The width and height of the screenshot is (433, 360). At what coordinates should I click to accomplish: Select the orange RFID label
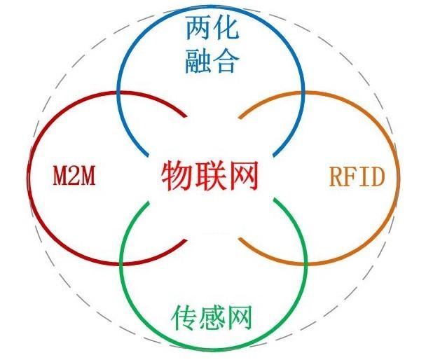point(357,176)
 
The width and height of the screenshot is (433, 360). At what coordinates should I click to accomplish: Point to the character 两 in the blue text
point(199,29)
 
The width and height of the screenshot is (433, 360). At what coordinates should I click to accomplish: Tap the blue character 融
point(199,63)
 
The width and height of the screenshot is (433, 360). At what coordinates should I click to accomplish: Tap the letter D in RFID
point(378,176)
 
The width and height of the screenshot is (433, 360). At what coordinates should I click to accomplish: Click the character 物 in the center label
point(177,175)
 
